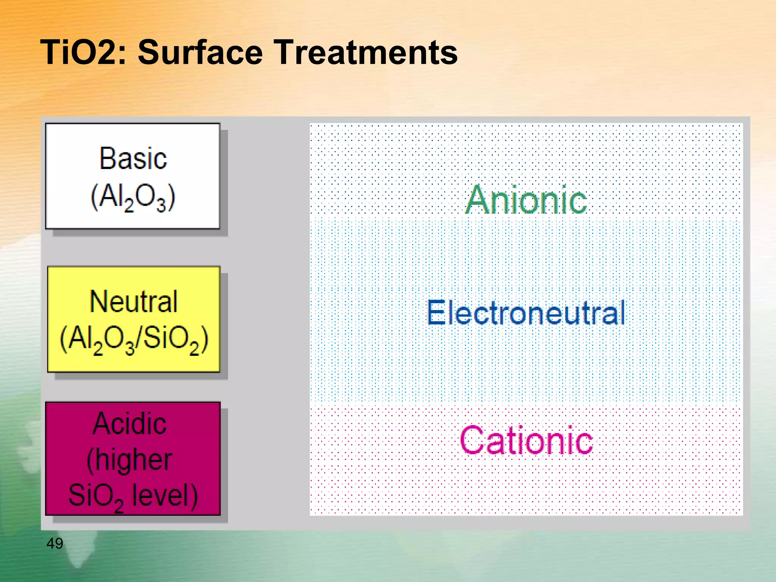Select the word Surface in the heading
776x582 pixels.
point(200,53)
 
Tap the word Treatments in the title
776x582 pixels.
point(365,53)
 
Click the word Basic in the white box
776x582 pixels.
point(133,158)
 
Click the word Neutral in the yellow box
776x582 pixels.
point(133,302)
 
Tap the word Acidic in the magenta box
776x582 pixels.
point(130,424)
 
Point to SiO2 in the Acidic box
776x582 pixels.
point(96,496)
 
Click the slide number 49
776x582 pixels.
point(55,544)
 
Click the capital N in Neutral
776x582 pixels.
point(99,302)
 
